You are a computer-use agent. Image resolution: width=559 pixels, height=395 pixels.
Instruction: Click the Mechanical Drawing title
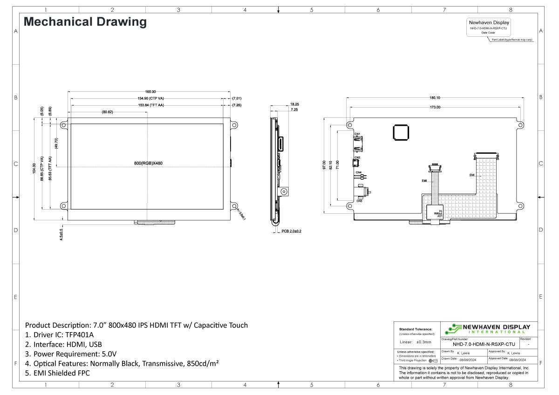[85, 22]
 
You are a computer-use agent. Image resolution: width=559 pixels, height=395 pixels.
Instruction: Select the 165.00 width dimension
[150, 92]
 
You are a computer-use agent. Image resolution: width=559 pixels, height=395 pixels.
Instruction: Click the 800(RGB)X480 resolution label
[148, 163]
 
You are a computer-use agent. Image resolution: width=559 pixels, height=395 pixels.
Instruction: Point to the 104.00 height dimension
[34, 169]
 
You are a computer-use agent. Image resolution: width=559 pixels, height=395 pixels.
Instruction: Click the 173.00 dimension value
[435, 107]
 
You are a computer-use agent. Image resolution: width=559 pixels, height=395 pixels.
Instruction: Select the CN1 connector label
[357, 134]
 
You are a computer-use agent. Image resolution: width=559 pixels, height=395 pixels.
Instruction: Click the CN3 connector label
[359, 201]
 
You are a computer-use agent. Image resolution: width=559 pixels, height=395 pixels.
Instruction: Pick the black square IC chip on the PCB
[401, 132]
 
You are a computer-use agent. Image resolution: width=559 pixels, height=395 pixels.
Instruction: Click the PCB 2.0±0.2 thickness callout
[291, 231]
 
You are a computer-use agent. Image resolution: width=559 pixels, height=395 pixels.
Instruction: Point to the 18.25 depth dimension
[294, 104]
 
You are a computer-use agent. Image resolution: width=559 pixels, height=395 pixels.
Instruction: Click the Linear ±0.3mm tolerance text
[416, 342]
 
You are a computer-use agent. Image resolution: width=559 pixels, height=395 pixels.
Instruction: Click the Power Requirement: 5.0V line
[70, 354]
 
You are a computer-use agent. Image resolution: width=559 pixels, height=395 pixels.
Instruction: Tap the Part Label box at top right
[488, 27]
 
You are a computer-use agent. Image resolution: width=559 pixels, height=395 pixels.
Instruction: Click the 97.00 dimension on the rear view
[324, 166]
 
